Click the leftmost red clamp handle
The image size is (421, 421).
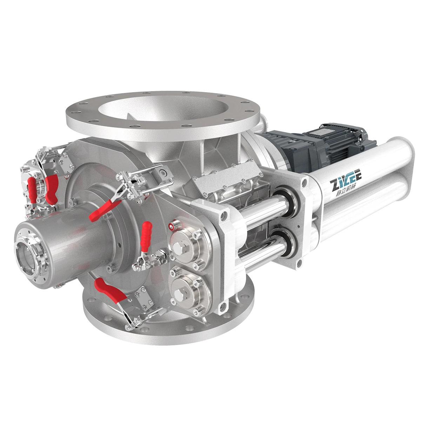32,189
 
